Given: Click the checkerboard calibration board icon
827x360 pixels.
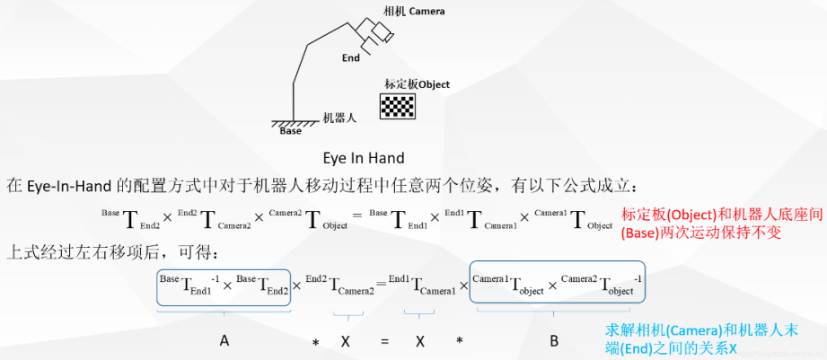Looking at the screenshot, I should coord(397,107).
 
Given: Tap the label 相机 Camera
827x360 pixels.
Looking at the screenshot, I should coord(414,12).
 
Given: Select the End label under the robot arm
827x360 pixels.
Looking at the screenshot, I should coord(351,58).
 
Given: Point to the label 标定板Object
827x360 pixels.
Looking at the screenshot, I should coord(417,84).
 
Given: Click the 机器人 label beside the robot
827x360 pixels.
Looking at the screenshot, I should coord(340,118).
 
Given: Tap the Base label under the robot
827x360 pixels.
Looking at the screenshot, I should coord(291,131).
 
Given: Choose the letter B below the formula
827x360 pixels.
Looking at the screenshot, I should coord(554,340).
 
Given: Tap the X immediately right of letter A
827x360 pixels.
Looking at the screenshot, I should coord(345,341).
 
